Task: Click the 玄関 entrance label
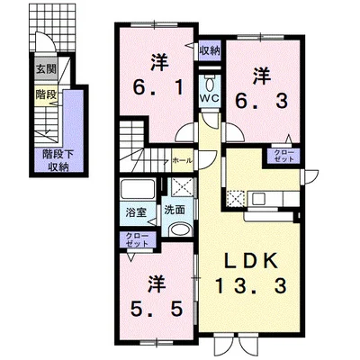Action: tap(46, 70)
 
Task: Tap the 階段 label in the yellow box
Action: tap(46, 94)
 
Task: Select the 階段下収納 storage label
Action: tap(58, 160)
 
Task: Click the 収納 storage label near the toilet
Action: tap(210, 50)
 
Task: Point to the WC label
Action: tap(211, 98)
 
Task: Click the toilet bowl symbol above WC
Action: tap(211, 84)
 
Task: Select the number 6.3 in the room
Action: tap(261, 101)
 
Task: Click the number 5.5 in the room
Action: tap(157, 310)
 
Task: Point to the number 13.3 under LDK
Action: tap(251, 285)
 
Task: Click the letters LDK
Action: tap(250, 262)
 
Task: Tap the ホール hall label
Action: tap(182, 160)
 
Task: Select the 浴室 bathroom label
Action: tap(136, 212)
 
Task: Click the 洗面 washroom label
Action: tap(175, 210)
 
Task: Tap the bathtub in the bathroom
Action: tap(138, 189)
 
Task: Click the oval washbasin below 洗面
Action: tap(179, 230)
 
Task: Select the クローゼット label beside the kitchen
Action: tap(283, 156)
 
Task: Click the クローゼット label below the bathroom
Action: tap(137, 239)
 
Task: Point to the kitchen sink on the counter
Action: tap(258, 199)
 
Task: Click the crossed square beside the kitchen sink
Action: tap(234, 199)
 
